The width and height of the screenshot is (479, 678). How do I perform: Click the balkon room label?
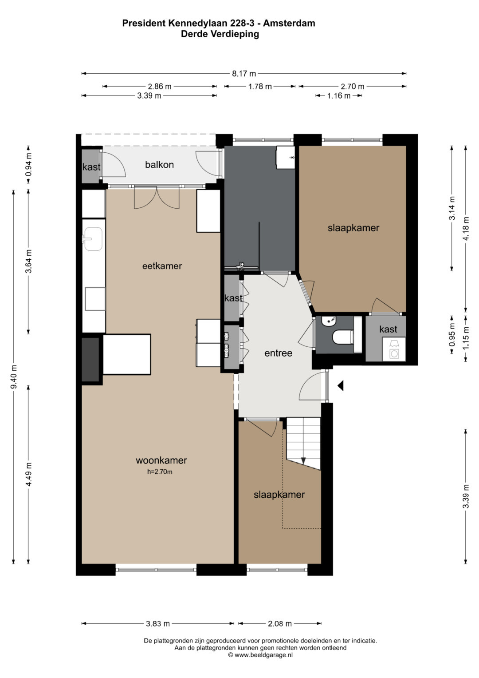coord(159,165)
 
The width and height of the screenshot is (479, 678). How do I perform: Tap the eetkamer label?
coord(162,266)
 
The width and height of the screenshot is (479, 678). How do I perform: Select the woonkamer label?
coord(161,460)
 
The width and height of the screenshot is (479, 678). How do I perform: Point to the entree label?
coord(278,353)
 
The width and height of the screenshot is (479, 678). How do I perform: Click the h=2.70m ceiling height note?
coord(160,472)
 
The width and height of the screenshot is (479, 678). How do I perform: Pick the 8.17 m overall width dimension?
coord(244,74)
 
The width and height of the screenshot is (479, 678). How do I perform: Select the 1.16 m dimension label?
coord(339,95)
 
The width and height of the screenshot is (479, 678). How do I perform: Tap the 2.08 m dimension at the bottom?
coord(280,623)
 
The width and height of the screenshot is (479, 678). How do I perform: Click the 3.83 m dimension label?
coord(158,623)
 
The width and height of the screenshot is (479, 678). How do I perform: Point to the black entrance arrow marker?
coord(341,385)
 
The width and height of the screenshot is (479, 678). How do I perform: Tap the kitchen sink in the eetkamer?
coord(93,239)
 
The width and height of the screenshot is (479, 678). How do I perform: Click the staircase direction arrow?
coord(304,460)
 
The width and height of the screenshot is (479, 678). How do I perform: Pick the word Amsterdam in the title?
coord(289,23)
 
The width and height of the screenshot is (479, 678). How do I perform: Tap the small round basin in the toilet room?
coord(328,321)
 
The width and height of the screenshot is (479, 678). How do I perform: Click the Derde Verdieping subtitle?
coord(220,34)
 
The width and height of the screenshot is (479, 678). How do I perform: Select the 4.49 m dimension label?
coord(29,474)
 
